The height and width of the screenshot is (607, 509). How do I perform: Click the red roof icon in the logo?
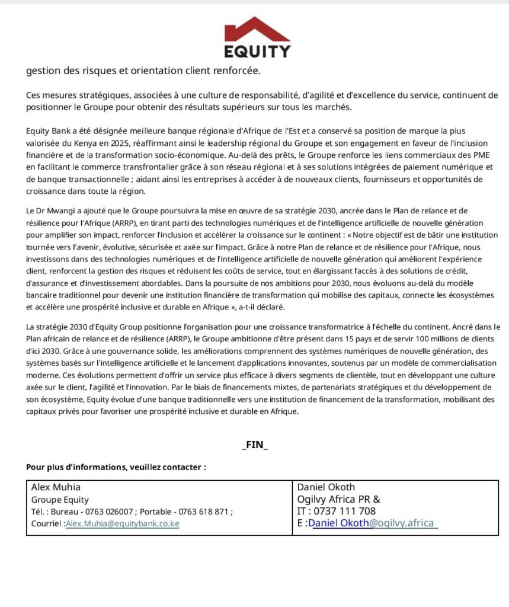pos(257,29)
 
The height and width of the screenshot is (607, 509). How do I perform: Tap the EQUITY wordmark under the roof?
pos(257,50)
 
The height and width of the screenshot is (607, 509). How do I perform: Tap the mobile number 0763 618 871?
pos(201,512)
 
